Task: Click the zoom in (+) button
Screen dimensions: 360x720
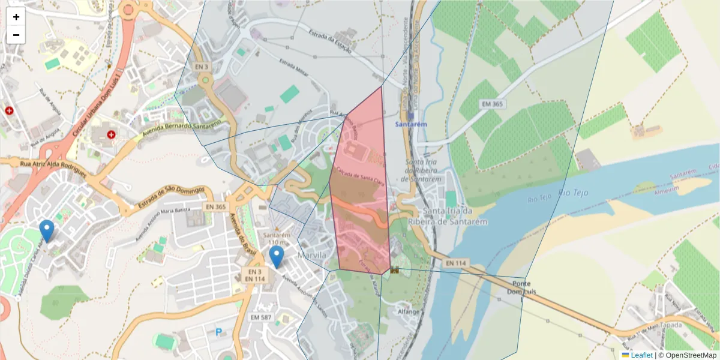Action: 16,17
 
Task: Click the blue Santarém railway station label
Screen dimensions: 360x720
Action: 410,124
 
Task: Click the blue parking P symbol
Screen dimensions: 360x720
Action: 218,331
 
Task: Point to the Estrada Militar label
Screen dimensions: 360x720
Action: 294,67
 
